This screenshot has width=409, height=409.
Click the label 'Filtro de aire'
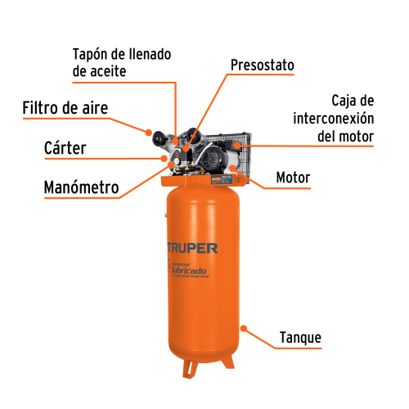pyautogui.click(x=65, y=108)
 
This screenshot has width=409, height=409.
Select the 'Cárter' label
pyautogui.click(x=65, y=148)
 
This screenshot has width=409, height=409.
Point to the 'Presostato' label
pyautogui.click(x=262, y=65)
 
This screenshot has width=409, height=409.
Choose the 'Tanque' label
pyautogui.click(x=300, y=337)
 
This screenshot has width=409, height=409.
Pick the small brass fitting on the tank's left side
pyautogui.click(x=165, y=218)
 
